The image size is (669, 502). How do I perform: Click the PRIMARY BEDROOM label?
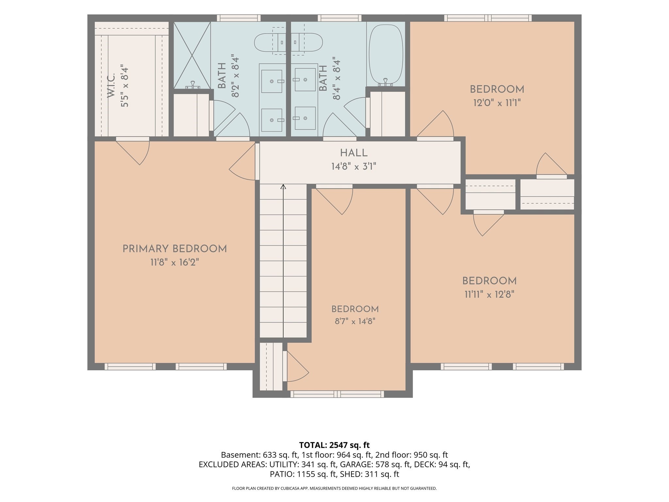[175, 249]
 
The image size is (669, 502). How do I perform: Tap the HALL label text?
[354, 153]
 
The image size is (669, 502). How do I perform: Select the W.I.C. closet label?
[111, 86]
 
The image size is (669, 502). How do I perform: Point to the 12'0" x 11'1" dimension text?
[497, 103]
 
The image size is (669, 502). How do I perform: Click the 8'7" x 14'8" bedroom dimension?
[355, 321]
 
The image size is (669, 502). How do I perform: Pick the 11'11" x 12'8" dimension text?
[489, 295]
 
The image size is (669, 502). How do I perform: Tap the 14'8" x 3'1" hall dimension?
[354, 167]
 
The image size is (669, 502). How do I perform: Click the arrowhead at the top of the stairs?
[283, 187]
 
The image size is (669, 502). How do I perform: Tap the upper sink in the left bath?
[272, 81]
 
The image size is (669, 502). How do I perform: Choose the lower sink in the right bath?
[305, 118]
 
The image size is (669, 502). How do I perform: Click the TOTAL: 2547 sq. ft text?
[334, 445]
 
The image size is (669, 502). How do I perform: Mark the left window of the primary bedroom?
[130, 367]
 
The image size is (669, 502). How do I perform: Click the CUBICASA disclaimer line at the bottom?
[334, 489]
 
